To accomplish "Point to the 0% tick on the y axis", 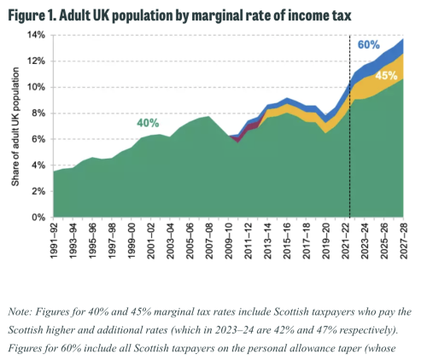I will coord(38,218).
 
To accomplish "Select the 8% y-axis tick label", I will coord(38,113).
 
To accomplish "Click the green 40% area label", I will coord(149,123).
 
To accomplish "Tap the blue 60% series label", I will coord(369,44).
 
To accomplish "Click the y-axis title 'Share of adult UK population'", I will coord(14,126).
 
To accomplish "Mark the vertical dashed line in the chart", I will coord(350,128).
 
